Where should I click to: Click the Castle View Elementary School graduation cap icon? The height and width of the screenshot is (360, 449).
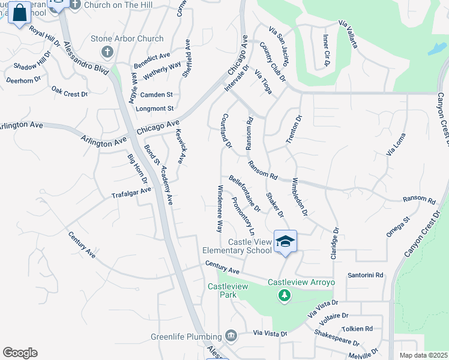click(x=286, y=241)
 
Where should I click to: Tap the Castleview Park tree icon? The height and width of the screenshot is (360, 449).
click(x=284, y=295)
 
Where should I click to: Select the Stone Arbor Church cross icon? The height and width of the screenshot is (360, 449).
click(x=107, y=52)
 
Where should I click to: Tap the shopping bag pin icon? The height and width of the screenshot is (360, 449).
click(x=20, y=13)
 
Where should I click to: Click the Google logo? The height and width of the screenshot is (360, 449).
click(x=20, y=353)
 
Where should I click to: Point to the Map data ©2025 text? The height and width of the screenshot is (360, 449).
click(x=423, y=355)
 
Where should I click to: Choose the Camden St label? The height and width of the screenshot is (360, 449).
click(x=156, y=95)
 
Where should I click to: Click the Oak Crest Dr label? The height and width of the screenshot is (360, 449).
click(x=70, y=92)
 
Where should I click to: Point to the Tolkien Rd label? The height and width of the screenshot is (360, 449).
click(x=357, y=329)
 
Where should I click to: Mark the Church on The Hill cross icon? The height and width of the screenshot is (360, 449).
click(x=74, y=5)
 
